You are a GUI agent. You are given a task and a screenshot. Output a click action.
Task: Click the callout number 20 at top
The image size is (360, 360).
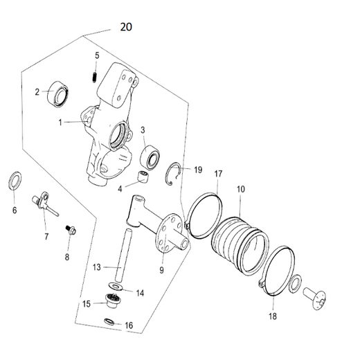pos(125,27)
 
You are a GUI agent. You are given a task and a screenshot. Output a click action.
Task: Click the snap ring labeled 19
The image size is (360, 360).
pos(177,174)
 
